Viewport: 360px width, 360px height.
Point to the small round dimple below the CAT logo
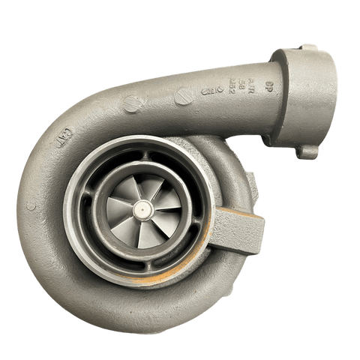(31, 203)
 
